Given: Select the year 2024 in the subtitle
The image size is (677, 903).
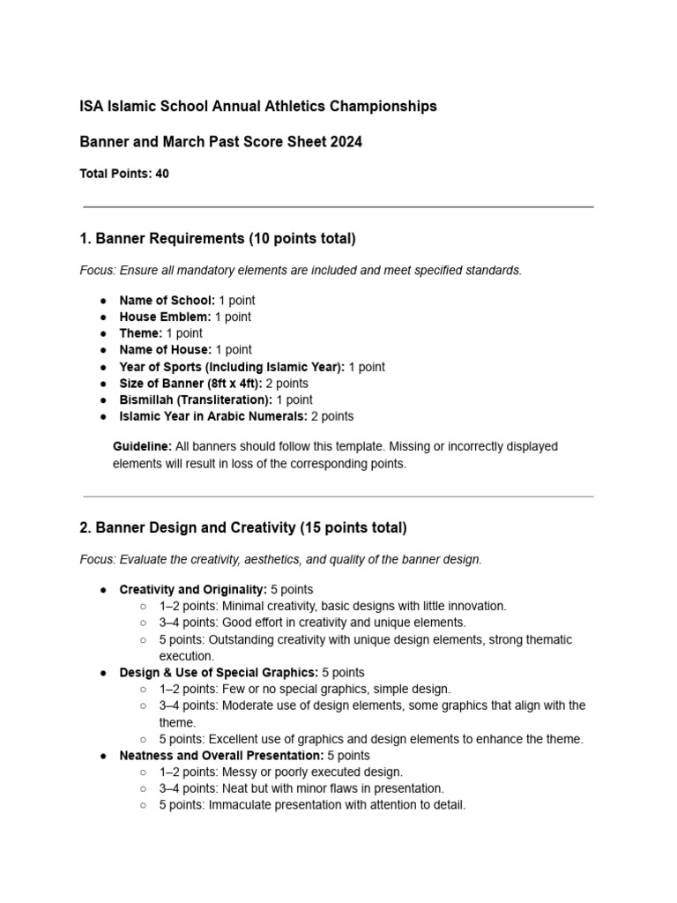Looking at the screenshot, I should point(345,142).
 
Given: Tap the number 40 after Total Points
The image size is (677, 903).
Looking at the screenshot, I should point(162,175).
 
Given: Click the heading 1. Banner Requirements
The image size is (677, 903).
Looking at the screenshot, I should point(218,238).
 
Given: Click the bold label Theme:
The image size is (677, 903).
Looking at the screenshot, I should point(141,333).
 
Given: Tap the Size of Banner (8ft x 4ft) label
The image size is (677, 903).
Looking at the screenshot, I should point(190,384).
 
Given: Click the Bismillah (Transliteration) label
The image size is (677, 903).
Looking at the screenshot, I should point(196,400).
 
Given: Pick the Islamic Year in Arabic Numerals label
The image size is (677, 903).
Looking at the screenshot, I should point(213,416).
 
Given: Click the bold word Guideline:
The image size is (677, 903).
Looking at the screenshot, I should point(142,447).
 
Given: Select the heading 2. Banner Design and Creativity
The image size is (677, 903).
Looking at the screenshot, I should point(243,528).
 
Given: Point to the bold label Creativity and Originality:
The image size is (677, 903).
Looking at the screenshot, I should point(193,589).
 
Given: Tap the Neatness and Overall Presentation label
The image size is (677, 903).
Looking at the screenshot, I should point(221,756).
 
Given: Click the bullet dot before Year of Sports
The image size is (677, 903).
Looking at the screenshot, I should point(103,367).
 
